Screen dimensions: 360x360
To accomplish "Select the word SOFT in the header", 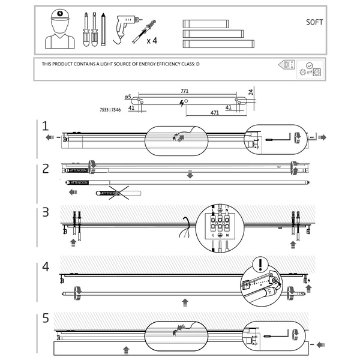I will [314, 22].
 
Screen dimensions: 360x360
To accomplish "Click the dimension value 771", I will [185, 91].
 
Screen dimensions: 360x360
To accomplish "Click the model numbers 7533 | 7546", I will [110, 110].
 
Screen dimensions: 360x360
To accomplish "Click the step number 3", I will [46, 212].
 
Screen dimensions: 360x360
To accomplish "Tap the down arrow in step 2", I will [190, 175].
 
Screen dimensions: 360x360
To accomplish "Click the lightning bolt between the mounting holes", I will [182, 103].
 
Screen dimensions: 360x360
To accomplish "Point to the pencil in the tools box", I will [104, 29].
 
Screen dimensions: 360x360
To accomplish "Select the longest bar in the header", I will [218, 44].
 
